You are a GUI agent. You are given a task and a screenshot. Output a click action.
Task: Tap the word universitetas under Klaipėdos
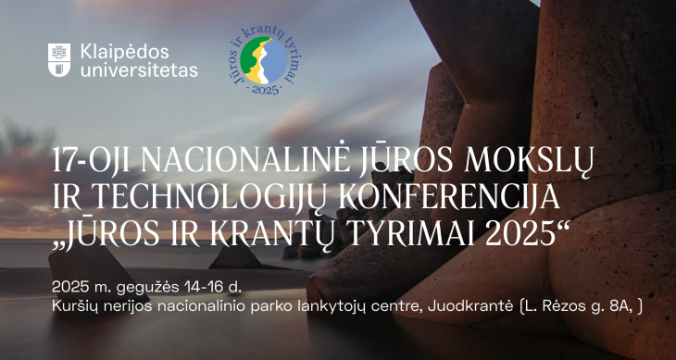(x=139, y=69)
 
